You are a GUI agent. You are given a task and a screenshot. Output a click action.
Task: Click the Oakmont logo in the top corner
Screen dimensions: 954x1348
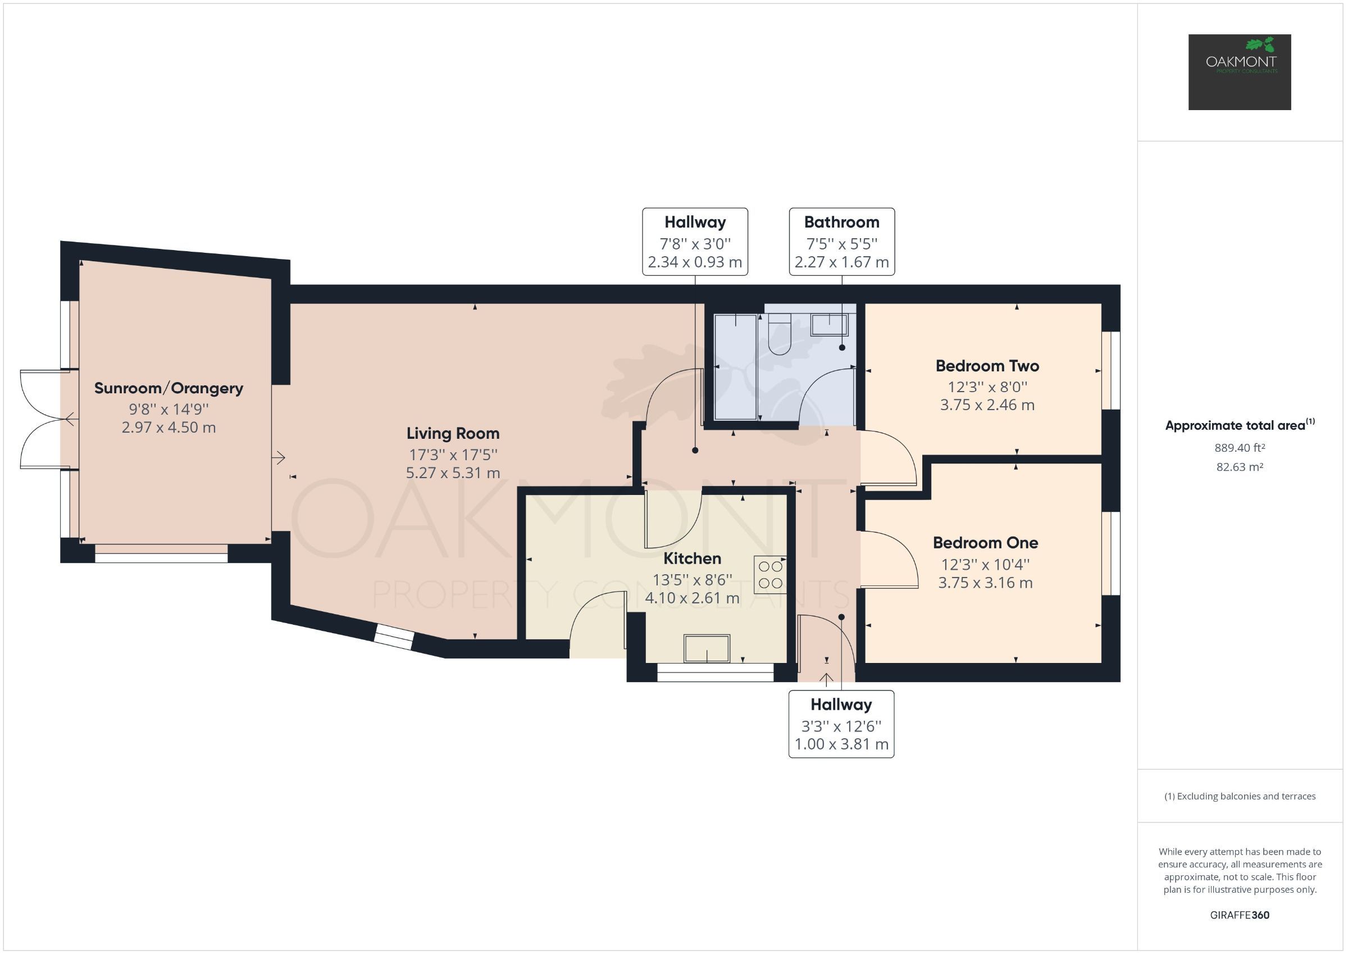[x=1239, y=72]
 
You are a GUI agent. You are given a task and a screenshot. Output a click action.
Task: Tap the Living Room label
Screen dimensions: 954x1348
[x=453, y=434]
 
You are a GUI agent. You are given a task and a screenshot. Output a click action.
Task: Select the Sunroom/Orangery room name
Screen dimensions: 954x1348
[x=168, y=388]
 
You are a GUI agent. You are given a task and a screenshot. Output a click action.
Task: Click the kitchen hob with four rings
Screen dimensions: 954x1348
[x=769, y=575]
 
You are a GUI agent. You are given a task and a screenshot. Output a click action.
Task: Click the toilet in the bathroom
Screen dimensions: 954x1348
[x=779, y=335]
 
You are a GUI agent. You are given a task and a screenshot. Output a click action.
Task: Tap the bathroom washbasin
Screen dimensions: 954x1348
[x=828, y=324]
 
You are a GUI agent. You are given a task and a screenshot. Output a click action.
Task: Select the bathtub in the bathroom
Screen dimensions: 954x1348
[x=735, y=367]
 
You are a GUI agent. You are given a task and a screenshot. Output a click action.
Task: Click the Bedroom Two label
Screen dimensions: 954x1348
[x=987, y=366]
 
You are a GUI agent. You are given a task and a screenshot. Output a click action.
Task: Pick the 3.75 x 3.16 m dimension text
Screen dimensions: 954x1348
[x=985, y=583]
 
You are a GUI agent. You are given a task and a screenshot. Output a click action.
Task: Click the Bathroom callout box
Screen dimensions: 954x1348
[x=841, y=242]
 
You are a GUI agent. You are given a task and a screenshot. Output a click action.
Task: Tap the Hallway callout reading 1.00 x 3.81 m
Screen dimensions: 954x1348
[x=841, y=724]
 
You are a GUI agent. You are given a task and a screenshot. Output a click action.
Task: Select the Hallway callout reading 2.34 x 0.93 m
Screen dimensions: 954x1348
[x=695, y=242]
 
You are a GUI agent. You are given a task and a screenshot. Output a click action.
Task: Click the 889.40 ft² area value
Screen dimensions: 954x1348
[x=1240, y=448]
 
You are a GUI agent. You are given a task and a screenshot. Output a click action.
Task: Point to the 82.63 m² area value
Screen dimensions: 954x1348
[x=1240, y=467]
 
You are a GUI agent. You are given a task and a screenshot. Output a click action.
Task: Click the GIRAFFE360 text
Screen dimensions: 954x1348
[x=1240, y=915]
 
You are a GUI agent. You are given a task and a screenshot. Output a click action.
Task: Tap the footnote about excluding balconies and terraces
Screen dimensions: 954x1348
[x=1240, y=796]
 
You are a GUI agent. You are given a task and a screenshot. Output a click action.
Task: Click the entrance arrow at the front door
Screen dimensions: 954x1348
[x=826, y=680]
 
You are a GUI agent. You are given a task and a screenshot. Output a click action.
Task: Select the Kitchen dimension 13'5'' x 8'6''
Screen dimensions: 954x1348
[x=691, y=580]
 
